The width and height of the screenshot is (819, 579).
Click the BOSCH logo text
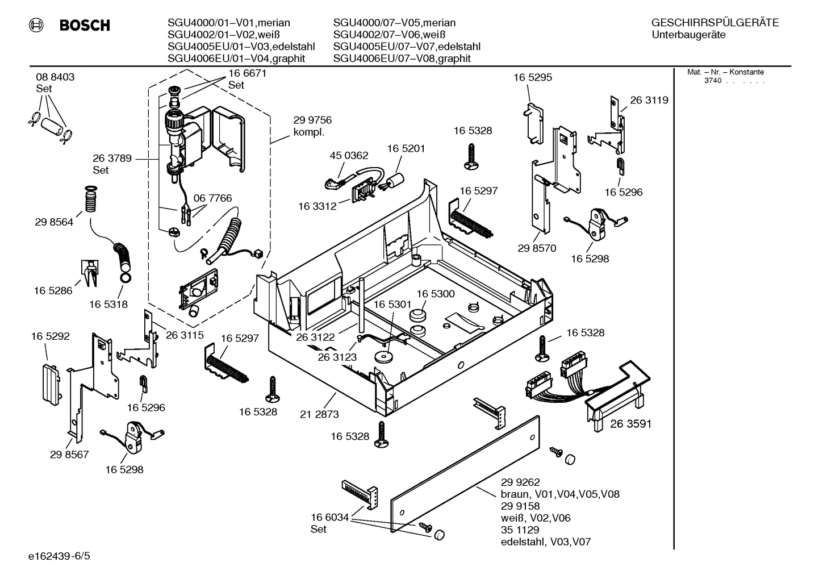coord(84,26)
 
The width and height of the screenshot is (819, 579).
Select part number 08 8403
coord(55,77)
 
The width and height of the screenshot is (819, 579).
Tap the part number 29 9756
coord(312,120)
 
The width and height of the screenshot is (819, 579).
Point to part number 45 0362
coord(349,155)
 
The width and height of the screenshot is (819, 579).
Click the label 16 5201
coord(406,148)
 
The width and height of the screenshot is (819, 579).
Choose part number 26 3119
coord(649,100)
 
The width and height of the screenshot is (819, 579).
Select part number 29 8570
coord(537,248)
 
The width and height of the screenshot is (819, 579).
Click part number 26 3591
coord(630,423)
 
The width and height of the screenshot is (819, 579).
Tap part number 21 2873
coord(319,414)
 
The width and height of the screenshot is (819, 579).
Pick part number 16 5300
coord(436,294)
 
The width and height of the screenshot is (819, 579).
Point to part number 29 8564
coord(54,222)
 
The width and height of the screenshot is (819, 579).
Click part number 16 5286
coord(53,290)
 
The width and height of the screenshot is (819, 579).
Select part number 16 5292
coord(50,336)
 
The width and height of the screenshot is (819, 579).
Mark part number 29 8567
coord(69,455)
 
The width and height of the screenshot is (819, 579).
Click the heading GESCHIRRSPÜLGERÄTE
coord(714,23)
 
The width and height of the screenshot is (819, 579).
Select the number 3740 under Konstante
coord(712,81)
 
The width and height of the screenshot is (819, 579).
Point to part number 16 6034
coord(329,517)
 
